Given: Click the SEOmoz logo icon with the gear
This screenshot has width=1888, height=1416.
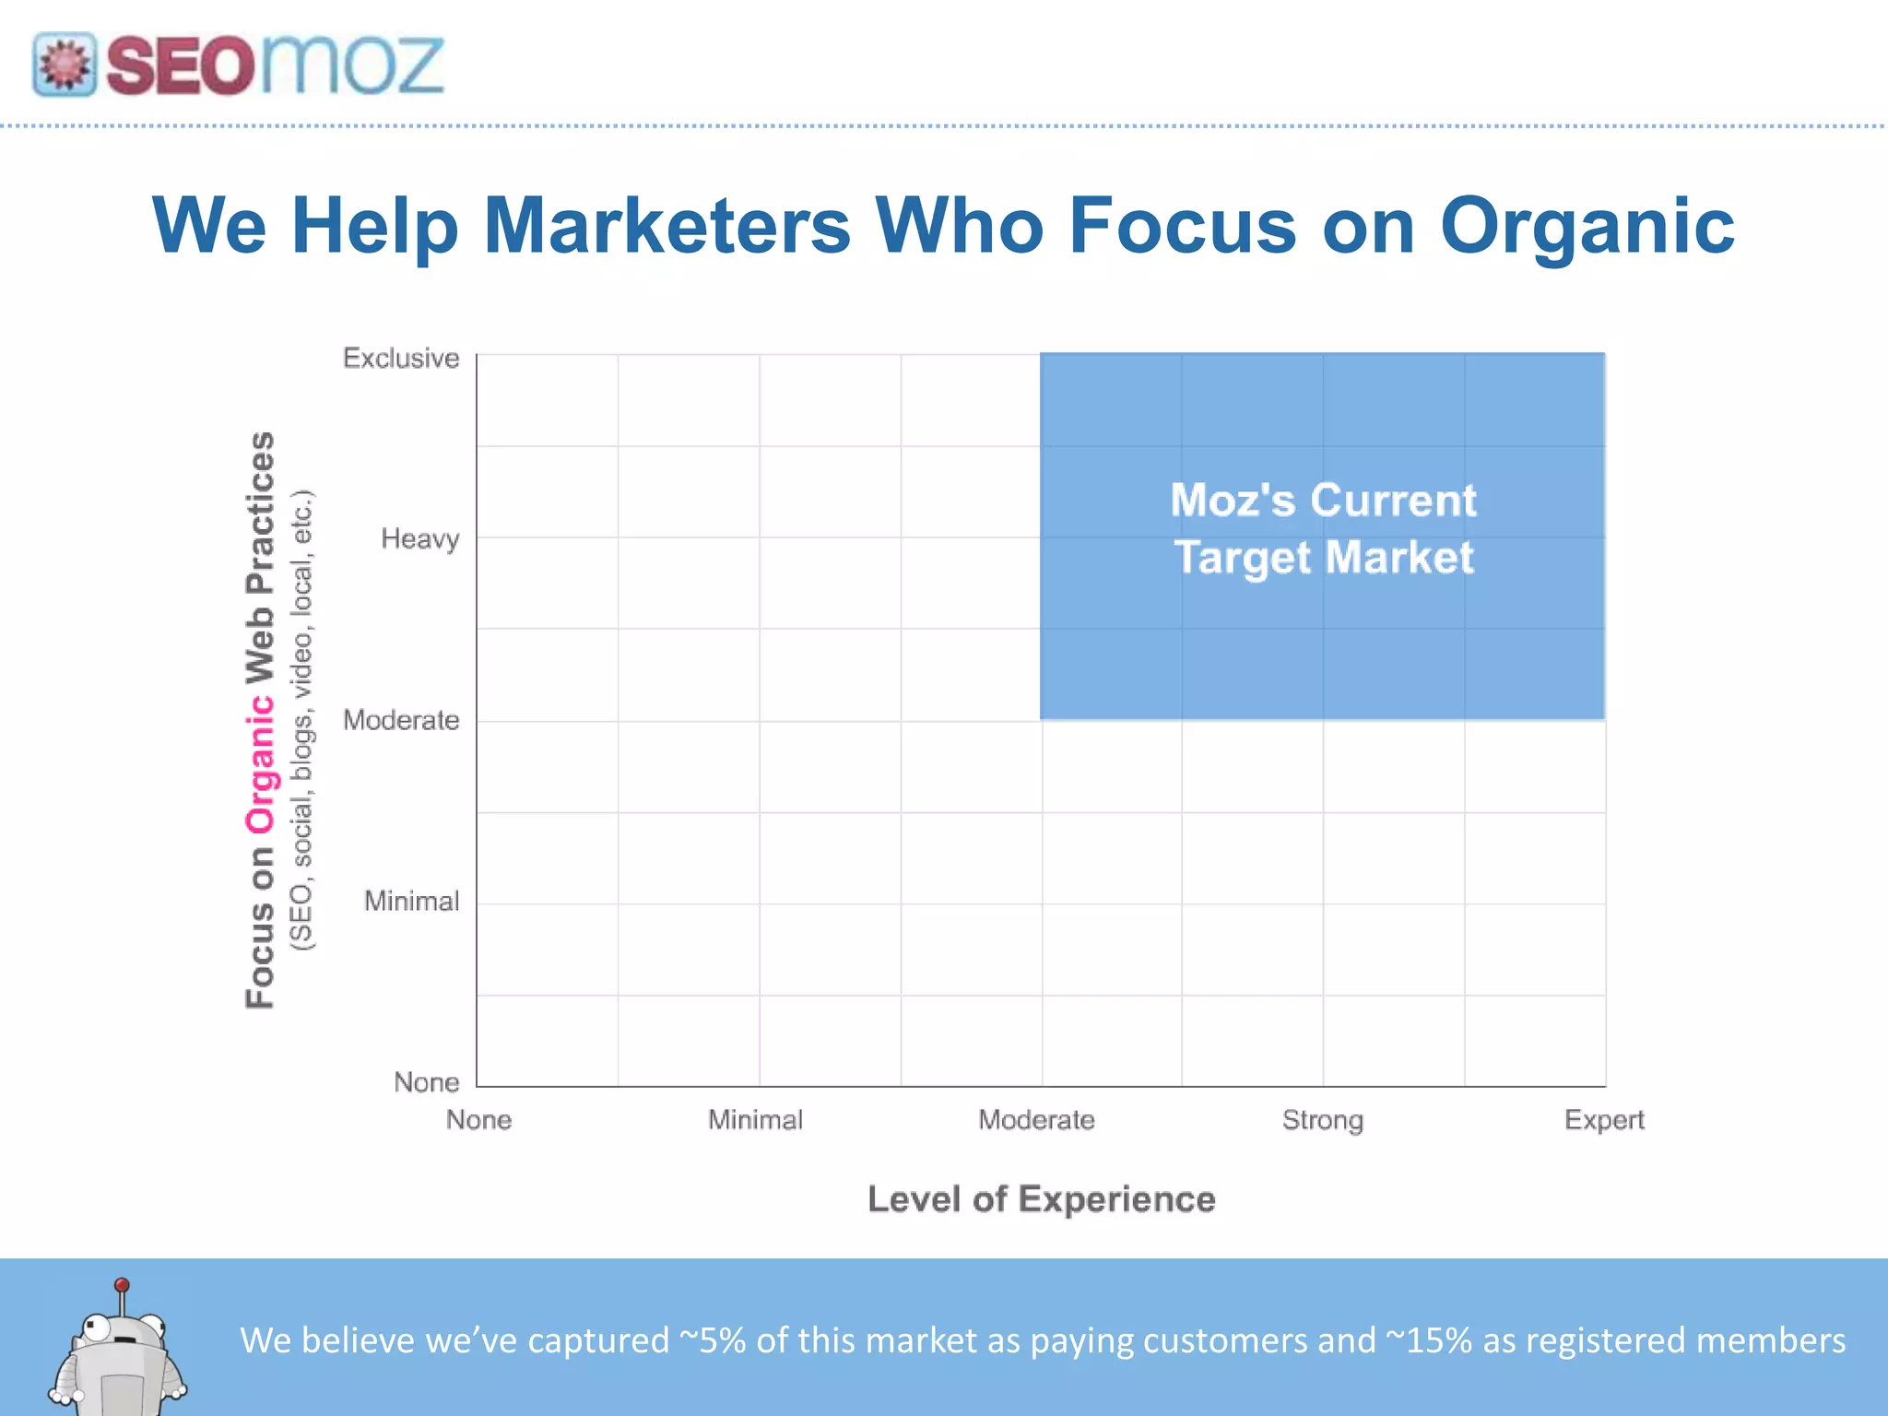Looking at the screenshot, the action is click(x=64, y=65).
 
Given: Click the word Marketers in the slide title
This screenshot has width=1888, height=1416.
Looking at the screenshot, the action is click(x=667, y=226).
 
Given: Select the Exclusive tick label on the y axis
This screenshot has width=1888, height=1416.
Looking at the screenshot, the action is click(x=401, y=358).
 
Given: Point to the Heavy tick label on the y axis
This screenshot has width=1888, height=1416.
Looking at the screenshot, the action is click(x=420, y=539).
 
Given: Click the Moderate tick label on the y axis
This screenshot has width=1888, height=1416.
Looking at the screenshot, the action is click(x=401, y=720).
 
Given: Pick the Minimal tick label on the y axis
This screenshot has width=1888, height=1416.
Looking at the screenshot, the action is click(x=411, y=901).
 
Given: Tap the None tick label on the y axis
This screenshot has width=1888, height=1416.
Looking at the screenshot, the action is click(x=426, y=1082).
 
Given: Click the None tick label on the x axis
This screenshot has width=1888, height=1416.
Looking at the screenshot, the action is click(x=478, y=1120).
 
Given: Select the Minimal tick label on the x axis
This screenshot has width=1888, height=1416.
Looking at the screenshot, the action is click(x=755, y=1120).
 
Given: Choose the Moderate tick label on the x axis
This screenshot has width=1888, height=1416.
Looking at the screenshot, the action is click(x=1036, y=1120).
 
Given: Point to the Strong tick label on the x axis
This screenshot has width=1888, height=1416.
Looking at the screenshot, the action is click(x=1322, y=1121).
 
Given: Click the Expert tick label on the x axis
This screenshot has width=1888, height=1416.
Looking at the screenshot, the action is click(x=1604, y=1121).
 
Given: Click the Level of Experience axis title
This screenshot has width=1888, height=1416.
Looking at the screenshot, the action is click(x=1042, y=1199).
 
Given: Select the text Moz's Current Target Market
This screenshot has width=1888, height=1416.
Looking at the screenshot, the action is click(x=1323, y=529).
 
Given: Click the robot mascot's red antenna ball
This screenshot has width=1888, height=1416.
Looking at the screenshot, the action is click(x=122, y=1285).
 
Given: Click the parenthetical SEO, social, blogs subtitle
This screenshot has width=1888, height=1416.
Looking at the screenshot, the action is click(x=302, y=720).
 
